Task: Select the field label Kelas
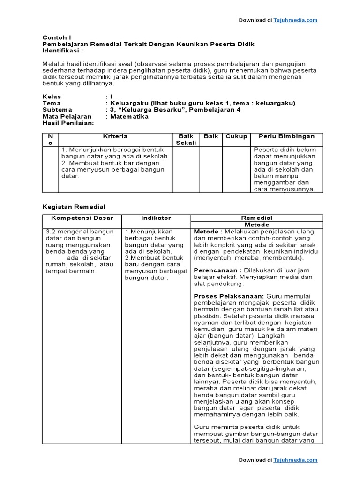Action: [52, 97]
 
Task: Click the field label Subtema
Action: [55, 110]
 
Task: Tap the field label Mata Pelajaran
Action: [67, 116]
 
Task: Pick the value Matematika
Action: [129, 116]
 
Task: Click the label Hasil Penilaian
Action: [68, 123]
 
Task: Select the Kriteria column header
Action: [115, 136]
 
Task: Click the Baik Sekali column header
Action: [186, 140]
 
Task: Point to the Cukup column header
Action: [236, 136]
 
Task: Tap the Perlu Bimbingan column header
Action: [286, 136]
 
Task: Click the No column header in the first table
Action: [50, 140]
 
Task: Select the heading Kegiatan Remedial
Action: [74, 206]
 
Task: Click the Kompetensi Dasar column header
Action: [82, 218]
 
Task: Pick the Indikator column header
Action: [156, 218]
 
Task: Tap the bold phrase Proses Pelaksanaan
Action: [229, 296]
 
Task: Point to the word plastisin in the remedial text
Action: [208, 316]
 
